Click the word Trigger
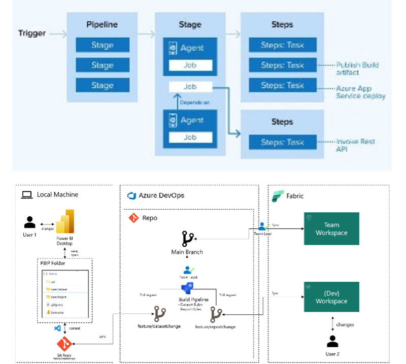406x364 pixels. click(x=32, y=34)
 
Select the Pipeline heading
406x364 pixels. click(x=102, y=24)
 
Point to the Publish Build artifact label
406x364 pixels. click(x=357, y=69)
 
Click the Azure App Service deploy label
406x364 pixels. click(x=360, y=92)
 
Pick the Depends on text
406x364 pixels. click(x=189, y=103)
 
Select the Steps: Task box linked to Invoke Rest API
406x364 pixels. click(x=282, y=142)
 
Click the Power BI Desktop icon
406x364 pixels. click(x=65, y=222)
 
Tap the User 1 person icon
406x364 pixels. click(x=30, y=222)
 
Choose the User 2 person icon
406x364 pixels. click(x=333, y=342)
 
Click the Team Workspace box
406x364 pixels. click(x=331, y=229)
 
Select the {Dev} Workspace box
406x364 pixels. click(x=331, y=297)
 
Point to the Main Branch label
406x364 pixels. click(x=187, y=252)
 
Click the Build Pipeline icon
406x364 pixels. click(x=187, y=288)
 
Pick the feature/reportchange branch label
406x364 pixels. click(x=216, y=327)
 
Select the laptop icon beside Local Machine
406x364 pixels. click(x=26, y=195)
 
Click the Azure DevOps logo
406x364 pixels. click(x=132, y=195)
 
